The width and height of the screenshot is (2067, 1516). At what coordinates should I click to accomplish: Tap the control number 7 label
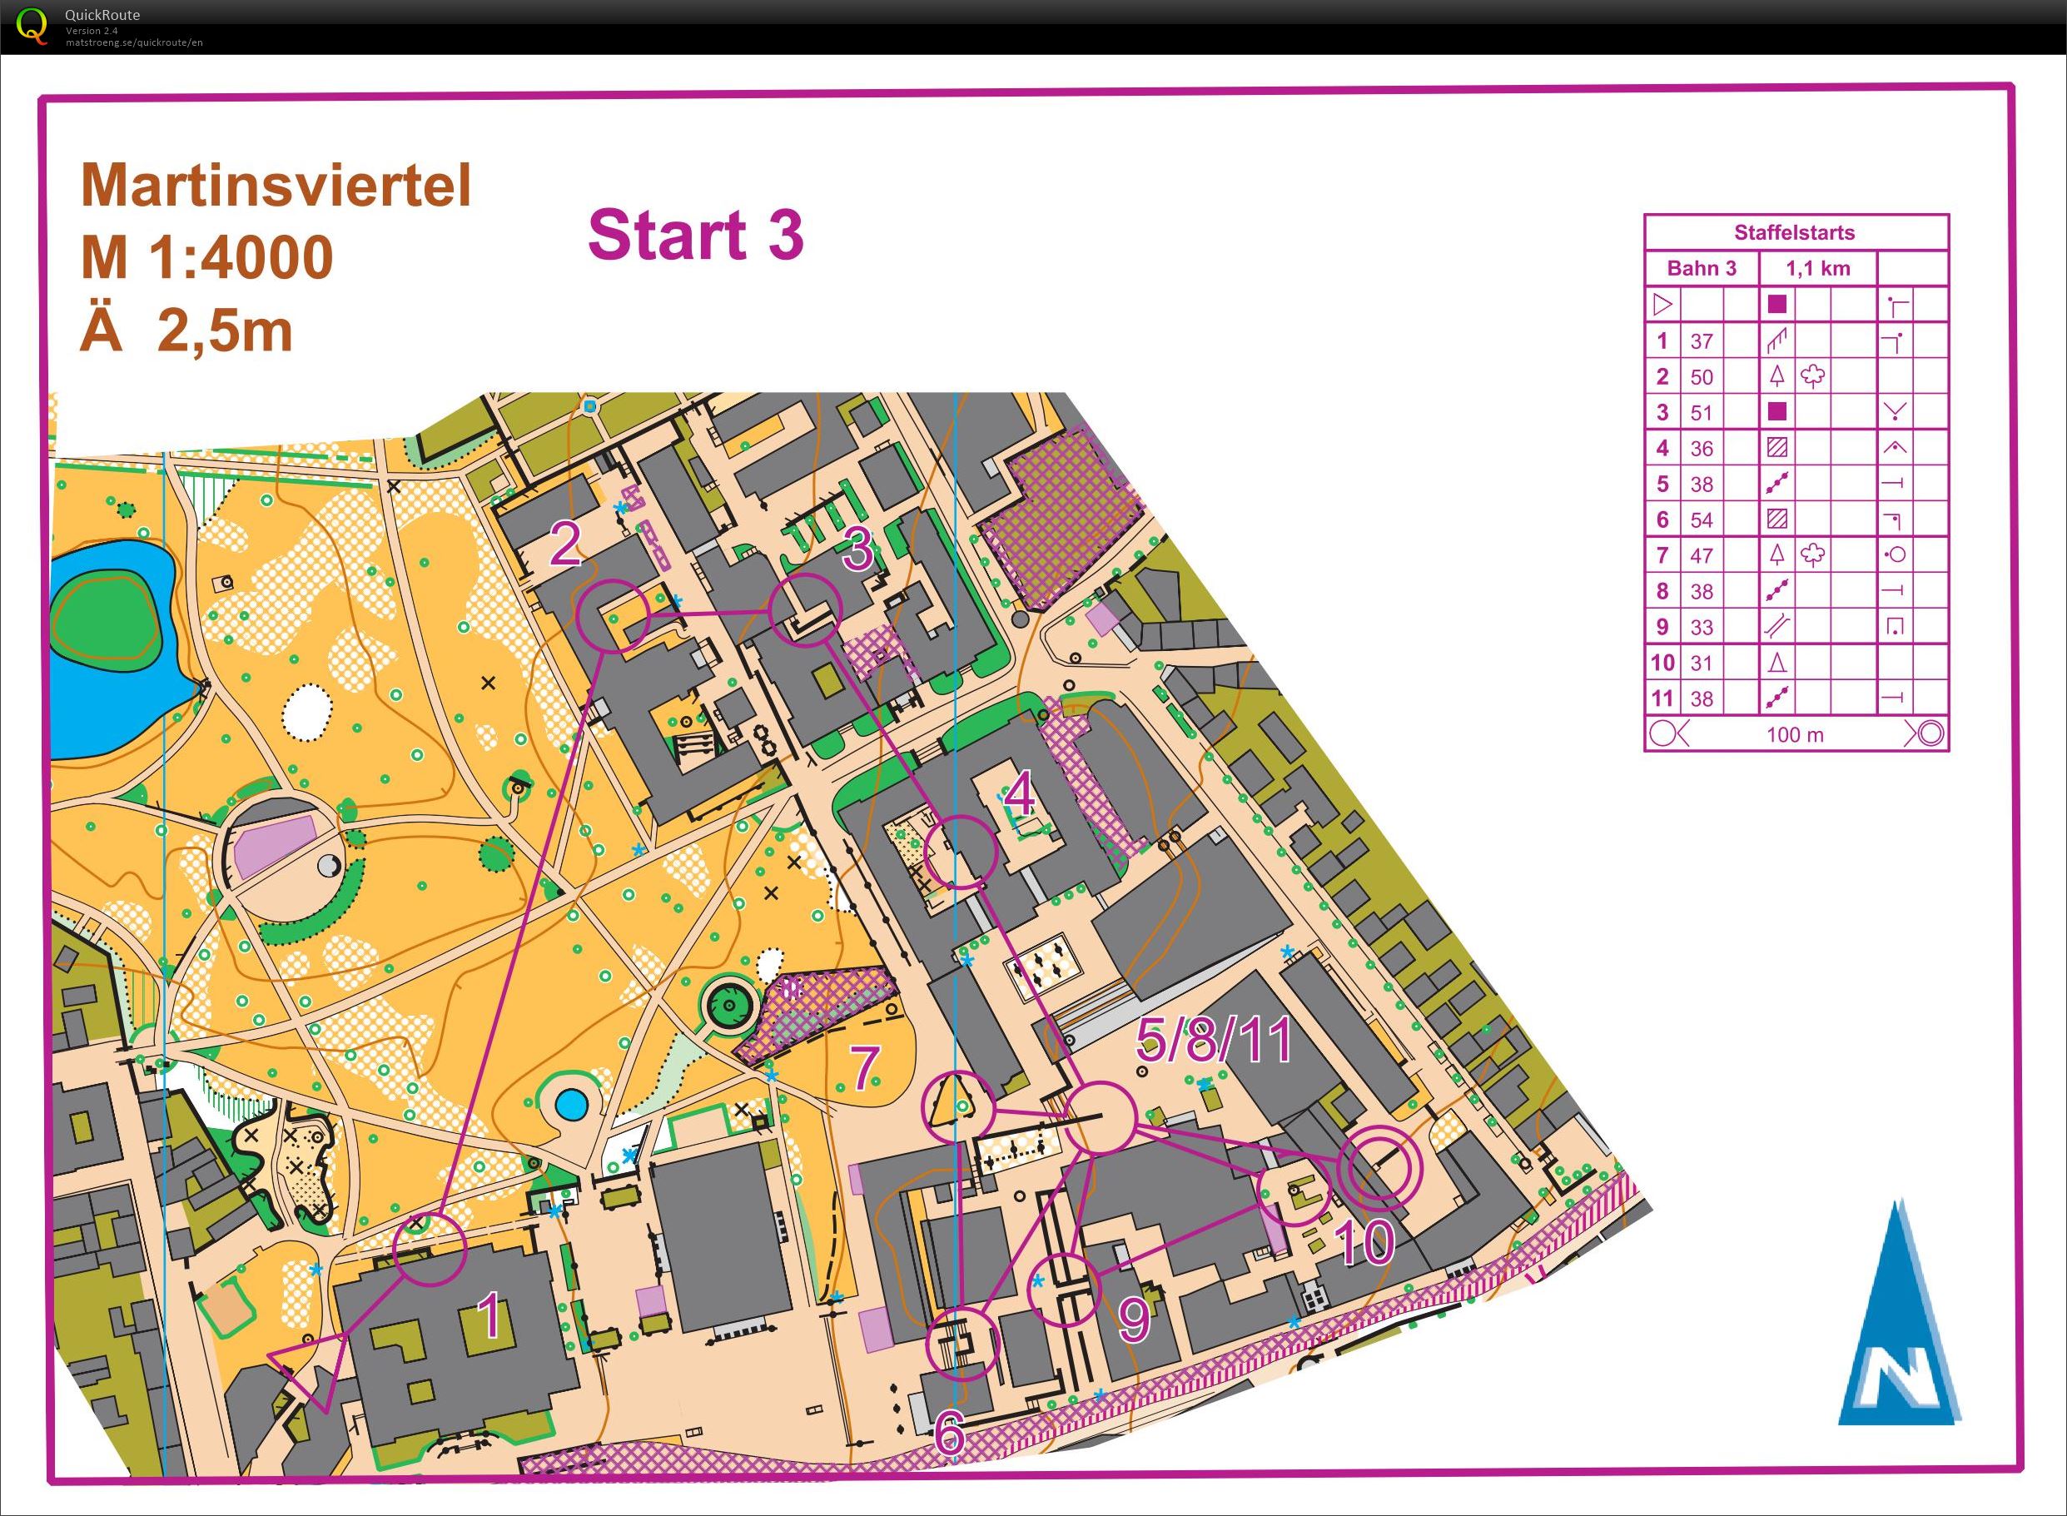click(864, 1068)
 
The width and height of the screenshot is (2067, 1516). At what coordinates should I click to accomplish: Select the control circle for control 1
click(430, 1248)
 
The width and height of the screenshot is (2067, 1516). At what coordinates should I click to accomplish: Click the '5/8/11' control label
click(1214, 1041)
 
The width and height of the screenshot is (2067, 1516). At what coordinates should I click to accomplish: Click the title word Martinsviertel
click(276, 186)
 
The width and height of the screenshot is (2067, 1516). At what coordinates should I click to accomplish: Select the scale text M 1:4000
click(207, 258)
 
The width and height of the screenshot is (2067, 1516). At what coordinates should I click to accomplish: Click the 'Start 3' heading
click(695, 235)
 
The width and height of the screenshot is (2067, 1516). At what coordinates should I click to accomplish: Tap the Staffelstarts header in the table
click(1795, 232)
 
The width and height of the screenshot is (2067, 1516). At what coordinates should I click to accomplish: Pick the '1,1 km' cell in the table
click(1817, 269)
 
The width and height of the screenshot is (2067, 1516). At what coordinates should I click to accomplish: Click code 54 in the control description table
click(1701, 520)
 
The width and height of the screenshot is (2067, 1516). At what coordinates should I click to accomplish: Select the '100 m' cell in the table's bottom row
click(1795, 735)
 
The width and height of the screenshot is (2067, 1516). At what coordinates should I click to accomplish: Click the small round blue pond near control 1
click(570, 1104)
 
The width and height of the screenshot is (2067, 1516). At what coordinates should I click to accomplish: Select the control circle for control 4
click(959, 852)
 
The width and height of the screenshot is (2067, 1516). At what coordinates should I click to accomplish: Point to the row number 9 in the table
click(1662, 628)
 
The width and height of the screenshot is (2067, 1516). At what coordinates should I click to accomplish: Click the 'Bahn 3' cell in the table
click(1701, 269)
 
